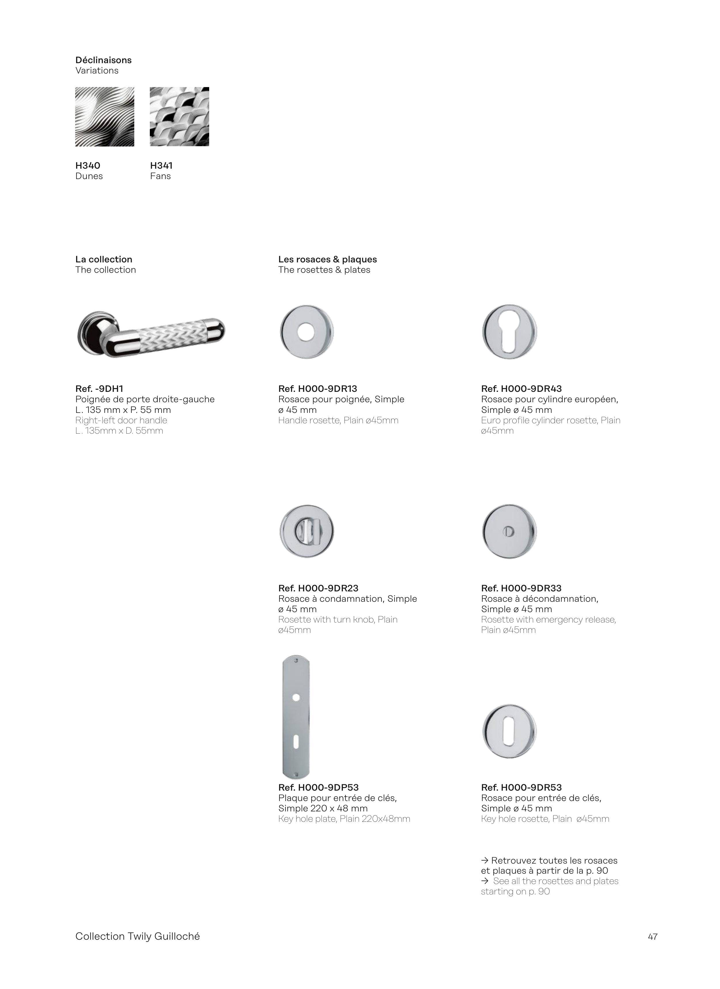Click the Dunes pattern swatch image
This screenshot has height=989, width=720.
pos(105,116)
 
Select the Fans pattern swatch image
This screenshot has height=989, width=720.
pos(179,116)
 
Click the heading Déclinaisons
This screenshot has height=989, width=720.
pos(103,60)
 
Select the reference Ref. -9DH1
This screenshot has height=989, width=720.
pos(99,389)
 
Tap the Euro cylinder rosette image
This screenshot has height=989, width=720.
pos(509,332)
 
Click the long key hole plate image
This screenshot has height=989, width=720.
pos(296,717)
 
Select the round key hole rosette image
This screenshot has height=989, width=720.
pos(509,731)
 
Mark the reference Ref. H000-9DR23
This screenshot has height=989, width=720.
pos(318,588)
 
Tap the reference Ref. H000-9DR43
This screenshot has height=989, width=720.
pos(521,389)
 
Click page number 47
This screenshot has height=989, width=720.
pos(653,937)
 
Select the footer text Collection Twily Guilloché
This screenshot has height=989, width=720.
pos(137,936)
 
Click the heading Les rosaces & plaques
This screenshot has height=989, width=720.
pos(327,260)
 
